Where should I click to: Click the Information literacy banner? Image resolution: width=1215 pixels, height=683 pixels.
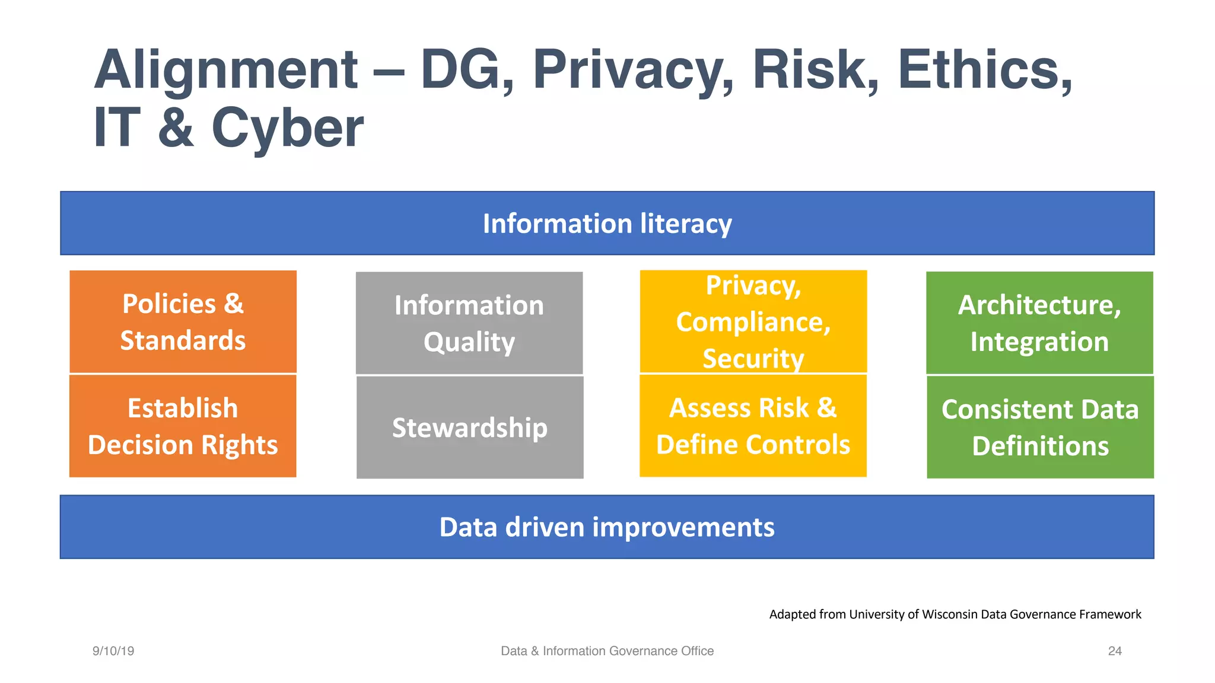tap(607, 224)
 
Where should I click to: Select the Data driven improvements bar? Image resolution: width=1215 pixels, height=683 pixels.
tap(607, 527)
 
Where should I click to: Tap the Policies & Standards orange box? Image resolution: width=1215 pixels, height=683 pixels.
tap(183, 322)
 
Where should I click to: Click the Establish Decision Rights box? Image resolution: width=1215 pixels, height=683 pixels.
tap(183, 426)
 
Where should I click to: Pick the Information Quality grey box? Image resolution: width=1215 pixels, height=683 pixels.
tap(469, 323)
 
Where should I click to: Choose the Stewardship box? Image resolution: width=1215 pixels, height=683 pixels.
tap(469, 427)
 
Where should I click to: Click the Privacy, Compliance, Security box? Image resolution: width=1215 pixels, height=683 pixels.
tap(753, 322)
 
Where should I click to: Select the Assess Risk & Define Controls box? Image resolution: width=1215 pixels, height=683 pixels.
tap(753, 426)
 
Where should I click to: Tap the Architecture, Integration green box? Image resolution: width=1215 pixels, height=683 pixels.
tap(1039, 323)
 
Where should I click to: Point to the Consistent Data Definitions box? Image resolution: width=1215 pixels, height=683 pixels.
tap(1040, 427)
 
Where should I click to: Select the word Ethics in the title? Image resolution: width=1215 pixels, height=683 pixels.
tap(985, 70)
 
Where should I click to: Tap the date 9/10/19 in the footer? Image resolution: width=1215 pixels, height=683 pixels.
tap(113, 651)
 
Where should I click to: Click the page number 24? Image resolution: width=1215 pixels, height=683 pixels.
tap(1115, 651)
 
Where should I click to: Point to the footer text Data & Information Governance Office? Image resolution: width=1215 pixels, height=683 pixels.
tap(607, 651)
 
